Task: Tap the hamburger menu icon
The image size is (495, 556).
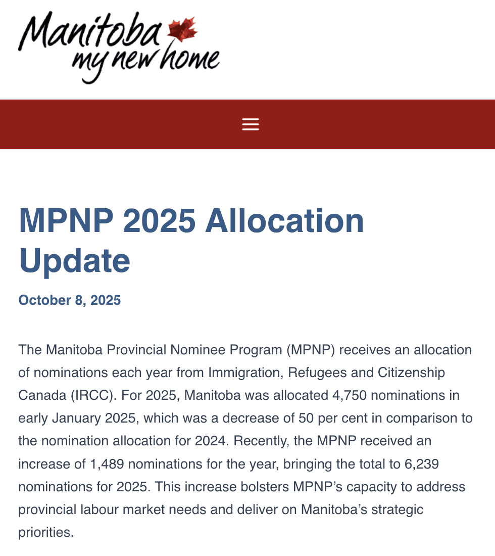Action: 251,124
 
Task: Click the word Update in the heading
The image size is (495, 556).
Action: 74,260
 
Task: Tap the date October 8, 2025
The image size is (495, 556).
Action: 70,300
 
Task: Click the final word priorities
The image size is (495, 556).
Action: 46,532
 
